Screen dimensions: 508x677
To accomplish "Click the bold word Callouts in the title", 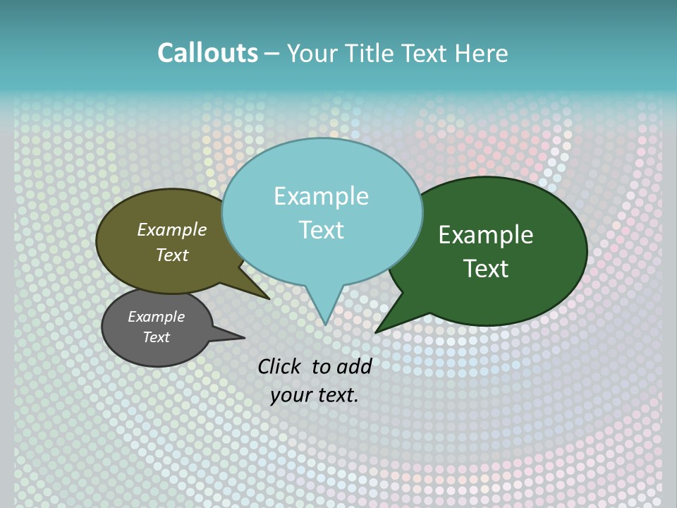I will [x=207, y=54].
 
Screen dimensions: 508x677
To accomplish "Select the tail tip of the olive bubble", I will [x=268, y=298].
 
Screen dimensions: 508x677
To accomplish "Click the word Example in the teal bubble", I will [x=321, y=196].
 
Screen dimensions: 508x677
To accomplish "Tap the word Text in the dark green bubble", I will [x=486, y=268].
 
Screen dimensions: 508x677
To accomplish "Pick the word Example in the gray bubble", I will [x=156, y=317].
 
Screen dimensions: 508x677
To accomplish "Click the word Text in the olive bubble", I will [x=172, y=255].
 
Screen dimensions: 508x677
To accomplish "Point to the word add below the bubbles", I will [x=354, y=366].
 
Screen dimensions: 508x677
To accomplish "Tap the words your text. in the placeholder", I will [x=314, y=395].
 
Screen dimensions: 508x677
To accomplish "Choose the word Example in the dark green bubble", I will [x=486, y=235].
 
